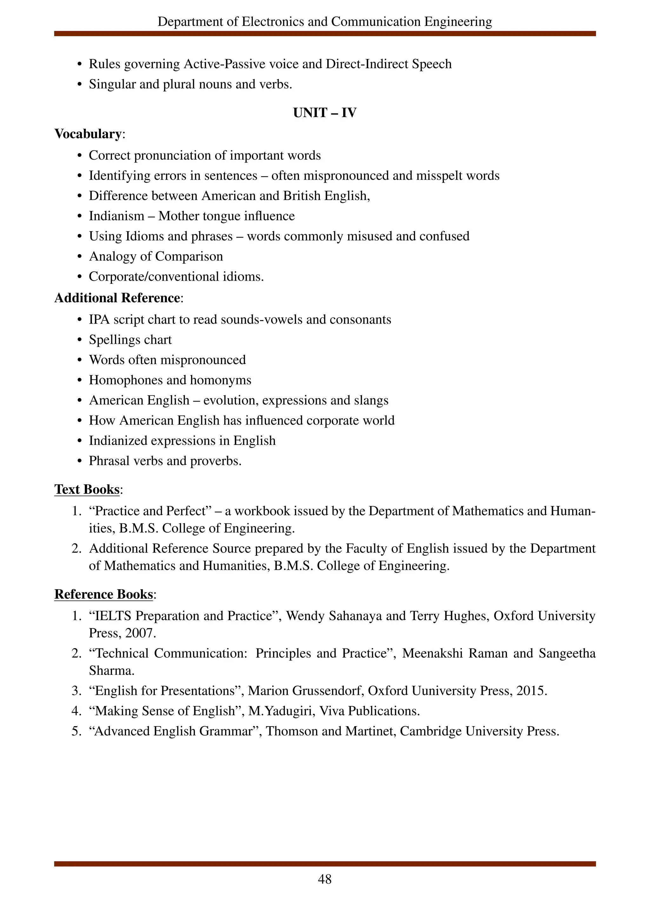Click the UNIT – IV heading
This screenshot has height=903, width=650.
324,113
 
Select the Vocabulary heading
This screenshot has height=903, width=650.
88,134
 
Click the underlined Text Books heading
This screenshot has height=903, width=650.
87,489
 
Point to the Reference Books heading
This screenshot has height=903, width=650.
103,594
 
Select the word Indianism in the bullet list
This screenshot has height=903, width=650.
116,216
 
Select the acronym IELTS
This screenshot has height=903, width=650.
113,616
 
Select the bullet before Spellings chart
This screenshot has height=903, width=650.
80,340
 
